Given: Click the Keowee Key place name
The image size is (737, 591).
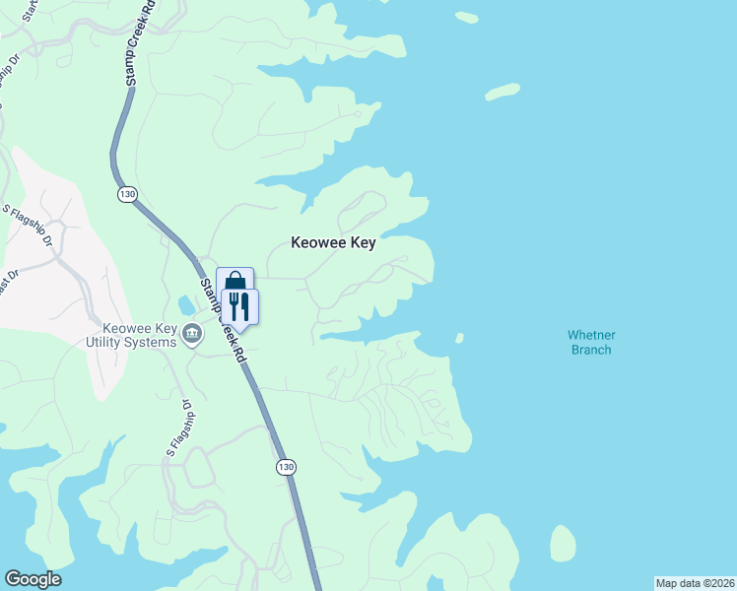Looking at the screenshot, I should point(333,242).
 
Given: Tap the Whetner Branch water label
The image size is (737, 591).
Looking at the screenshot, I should point(590,342).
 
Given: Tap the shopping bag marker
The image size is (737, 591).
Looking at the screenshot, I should point(235,283).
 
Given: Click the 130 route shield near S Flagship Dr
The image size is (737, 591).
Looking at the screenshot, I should point(127,194).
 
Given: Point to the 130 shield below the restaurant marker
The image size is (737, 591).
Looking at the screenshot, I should point(286,467).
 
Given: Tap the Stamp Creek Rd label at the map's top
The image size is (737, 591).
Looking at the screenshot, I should point(139,44).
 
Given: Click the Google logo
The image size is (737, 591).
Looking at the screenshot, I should point(33,579).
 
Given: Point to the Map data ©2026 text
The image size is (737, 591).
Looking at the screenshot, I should point(696,583).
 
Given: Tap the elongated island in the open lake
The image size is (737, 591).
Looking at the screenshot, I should point(502,92).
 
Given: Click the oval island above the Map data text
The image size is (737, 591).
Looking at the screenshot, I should point(563,544).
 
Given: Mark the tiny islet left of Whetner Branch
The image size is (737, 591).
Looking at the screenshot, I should point(459,338).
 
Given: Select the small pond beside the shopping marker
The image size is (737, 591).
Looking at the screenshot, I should point(187,304).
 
